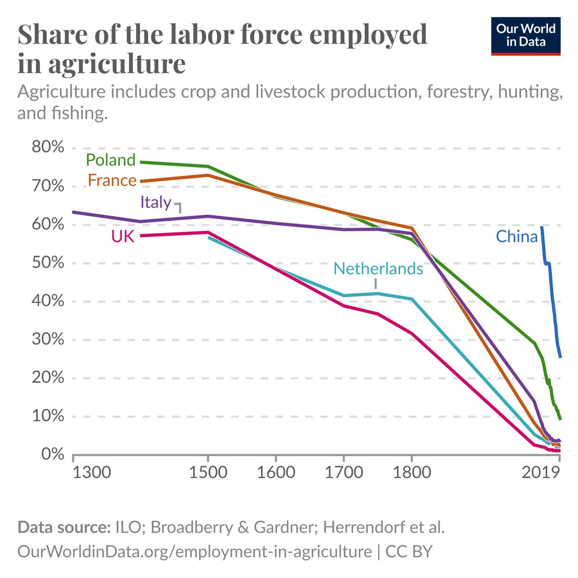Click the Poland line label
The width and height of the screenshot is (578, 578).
coord(111,160)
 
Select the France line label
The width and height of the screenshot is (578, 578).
coord(112,181)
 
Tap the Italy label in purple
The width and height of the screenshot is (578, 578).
coord(156,202)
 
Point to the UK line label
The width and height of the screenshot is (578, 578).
coord(123,236)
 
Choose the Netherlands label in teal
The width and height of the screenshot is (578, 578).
coord(378,268)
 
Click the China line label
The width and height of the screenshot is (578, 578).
coord(516,236)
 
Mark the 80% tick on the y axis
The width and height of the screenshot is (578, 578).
coord(48,147)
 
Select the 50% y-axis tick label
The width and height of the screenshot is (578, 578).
coord(48,263)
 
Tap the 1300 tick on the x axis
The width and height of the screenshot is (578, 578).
coord(92,472)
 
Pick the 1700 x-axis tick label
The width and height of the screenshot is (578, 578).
coord(343,472)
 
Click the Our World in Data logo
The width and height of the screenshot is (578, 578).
coord(525,36)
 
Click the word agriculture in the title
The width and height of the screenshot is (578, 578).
coord(116,64)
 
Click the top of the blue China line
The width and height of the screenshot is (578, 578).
coord(542,227)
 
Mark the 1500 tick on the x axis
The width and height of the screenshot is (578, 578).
coord(208,472)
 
